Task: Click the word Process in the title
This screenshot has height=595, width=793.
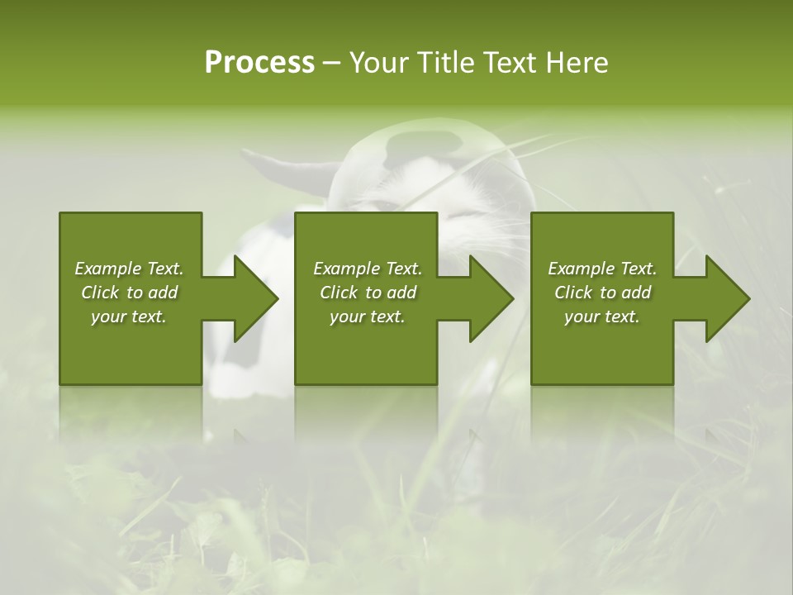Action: click(259, 63)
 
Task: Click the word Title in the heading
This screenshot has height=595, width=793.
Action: click(443, 63)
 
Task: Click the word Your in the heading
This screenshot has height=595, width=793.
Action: click(378, 63)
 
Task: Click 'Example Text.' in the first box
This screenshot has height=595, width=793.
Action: click(129, 269)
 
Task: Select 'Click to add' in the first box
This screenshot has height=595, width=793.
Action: click(129, 293)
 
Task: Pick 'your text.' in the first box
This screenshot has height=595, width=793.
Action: click(129, 317)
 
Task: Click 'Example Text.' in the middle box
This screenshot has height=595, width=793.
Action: click(367, 269)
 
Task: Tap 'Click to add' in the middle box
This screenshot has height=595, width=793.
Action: click(367, 293)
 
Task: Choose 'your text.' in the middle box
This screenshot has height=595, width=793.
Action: click(367, 317)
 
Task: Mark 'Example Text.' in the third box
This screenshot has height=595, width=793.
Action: click(602, 269)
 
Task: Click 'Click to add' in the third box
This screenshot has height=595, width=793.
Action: click(602, 293)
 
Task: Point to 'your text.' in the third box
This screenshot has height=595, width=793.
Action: click(602, 317)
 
